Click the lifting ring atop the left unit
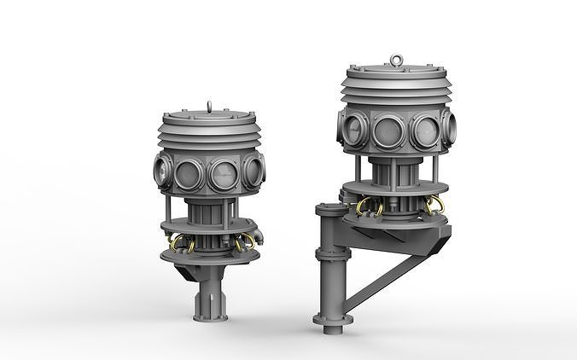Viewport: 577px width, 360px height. tap(210, 107)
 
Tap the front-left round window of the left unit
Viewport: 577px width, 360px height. tap(189, 173)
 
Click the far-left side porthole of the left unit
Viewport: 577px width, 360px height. tap(162, 168)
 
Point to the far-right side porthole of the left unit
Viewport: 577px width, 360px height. tap(256, 169)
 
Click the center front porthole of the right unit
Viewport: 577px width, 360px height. tap(388, 131)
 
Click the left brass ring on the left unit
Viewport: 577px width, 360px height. tap(182, 245)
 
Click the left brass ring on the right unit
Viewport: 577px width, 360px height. tap(368, 207)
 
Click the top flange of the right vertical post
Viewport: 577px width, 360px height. tap(328, 208)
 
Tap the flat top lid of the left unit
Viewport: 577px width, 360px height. tap(209, 117)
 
